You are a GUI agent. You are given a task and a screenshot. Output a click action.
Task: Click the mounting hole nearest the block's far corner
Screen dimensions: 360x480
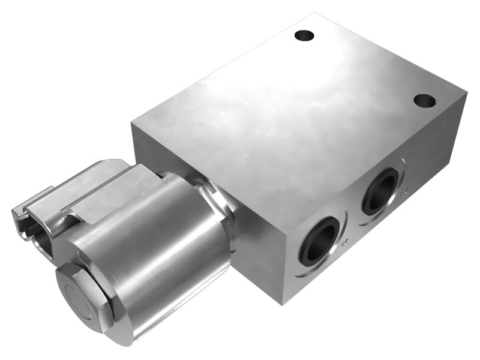click(305, 35)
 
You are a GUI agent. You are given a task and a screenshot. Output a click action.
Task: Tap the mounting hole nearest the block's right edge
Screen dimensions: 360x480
click(425, 100)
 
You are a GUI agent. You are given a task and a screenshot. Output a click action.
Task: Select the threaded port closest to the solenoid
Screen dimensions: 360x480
click(319, 241)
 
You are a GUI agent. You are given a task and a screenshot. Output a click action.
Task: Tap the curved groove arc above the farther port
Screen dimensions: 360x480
click(384, 165)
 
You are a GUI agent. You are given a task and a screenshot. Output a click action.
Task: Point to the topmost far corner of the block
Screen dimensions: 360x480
click(317, 13)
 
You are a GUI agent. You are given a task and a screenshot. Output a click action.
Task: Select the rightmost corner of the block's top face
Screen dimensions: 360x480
click(466, 93)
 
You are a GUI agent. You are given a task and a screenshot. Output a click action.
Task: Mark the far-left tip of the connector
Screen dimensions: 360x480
click(13, 211)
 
